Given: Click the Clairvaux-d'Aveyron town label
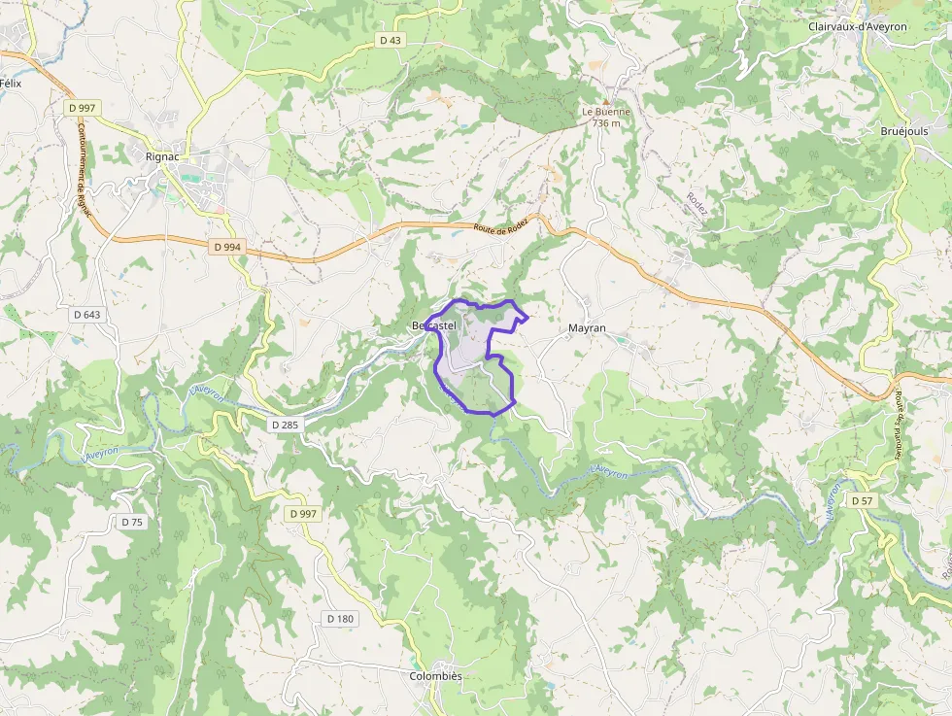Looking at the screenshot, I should point(857,27).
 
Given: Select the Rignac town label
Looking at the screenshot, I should point(161,155).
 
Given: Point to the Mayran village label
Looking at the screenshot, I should point(587,328).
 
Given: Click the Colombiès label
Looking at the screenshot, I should point(435,676).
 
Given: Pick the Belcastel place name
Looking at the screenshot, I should point(433,324).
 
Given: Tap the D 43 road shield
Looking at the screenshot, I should point(391,40).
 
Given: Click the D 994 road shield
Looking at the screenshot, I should point(226,247).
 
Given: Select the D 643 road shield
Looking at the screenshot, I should point(86,315).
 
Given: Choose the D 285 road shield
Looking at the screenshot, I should point(286,425).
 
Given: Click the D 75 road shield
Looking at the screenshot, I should point(132,522).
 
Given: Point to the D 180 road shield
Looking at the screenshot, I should point(340,618).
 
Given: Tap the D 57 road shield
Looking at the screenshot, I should point(862,500).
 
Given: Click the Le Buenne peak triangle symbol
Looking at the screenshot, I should point(606,101).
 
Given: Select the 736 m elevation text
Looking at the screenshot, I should point(606,123).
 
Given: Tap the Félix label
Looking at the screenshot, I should point(11,84).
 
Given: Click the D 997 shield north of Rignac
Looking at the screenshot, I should point(82,107).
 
